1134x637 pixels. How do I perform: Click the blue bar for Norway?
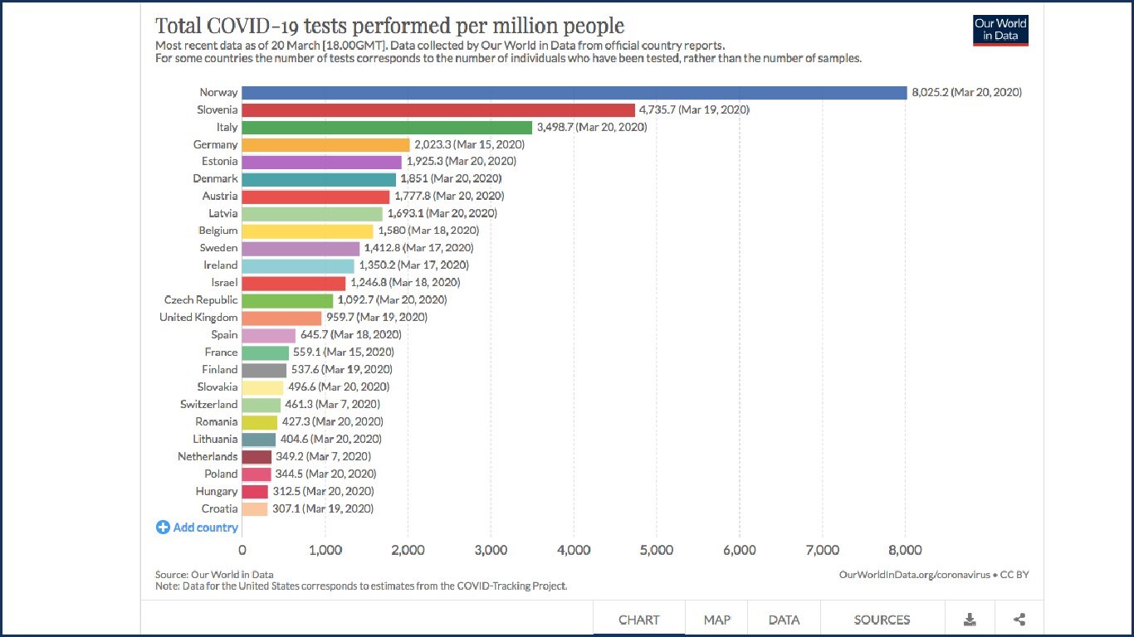574,93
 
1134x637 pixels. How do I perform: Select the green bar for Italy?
387,127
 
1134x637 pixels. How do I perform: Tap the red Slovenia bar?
438,109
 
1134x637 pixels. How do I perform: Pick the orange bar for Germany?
325,144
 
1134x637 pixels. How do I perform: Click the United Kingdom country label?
198,318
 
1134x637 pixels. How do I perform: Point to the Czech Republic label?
200,300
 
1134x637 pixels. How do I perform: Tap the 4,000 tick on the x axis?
574,550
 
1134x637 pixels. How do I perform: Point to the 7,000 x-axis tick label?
822,550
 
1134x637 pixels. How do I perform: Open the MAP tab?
717,620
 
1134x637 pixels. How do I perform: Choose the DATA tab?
784,620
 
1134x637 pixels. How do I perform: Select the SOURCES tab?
882,620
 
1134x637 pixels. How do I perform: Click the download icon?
970,620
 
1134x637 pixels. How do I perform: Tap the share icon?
1019,620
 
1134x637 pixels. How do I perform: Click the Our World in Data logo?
1000,30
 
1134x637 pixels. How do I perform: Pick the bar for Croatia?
255,509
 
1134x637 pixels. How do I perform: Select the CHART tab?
639,620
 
